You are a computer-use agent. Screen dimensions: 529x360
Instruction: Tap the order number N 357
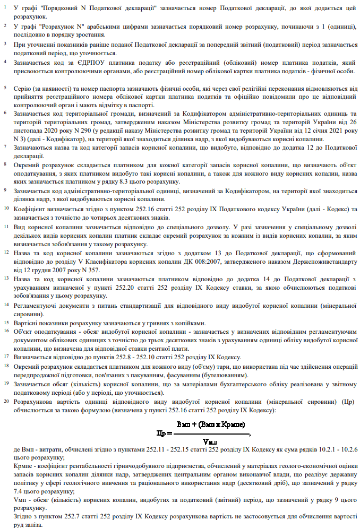pyautogui.click(x=85, y=270)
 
